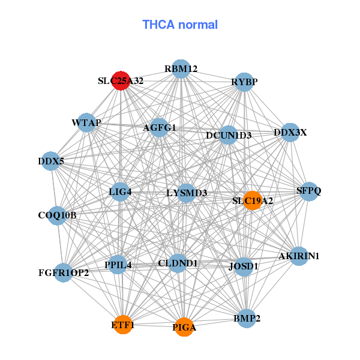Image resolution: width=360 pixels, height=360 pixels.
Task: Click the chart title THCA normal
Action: [x=180, y=25]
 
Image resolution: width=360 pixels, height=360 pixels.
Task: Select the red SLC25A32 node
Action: [x=121, y=80]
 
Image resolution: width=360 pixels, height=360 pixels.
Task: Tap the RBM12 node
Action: [x=181, y=69]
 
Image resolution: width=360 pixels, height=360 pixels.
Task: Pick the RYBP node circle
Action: [x=244, y=82]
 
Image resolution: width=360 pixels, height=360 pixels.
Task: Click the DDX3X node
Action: [x=290, y=133]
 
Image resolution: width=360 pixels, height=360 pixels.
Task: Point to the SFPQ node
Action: [x=309, y=191]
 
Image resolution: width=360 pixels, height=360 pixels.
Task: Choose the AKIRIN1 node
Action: [x=299, y=256]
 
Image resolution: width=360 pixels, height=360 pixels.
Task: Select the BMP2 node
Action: [x=246, y=318]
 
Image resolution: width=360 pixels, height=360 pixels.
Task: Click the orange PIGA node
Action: [x=184, y=327]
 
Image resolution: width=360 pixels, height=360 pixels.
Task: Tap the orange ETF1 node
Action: [x=123, y=325]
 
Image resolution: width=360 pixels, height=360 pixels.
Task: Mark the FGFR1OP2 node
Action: [x=63, y=273]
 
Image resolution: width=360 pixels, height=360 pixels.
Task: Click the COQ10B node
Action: [x=58, y=215]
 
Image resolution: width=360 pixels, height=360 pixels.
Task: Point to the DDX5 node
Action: [x=51, y=161]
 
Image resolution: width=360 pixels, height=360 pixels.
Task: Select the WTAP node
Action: [x=86, y=123]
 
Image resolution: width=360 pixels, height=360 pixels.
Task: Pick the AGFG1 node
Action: [x=160, y=128]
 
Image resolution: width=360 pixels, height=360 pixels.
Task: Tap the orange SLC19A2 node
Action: [x=253, y=200]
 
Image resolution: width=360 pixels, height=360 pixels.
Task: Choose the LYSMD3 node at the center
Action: [x=187, y=193]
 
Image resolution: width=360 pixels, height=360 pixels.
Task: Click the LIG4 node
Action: [x=120, y=192]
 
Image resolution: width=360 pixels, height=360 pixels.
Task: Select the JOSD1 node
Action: [x=243, y=266]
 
